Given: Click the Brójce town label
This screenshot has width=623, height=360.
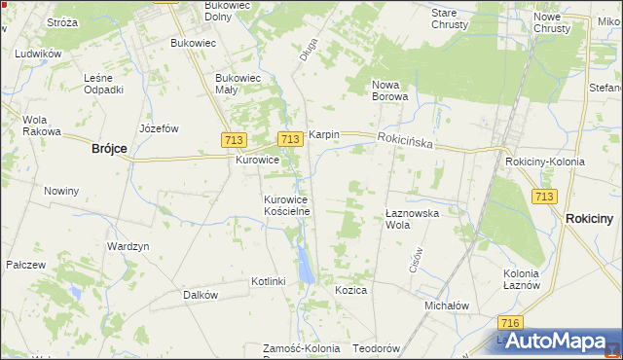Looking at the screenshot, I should point(109,148).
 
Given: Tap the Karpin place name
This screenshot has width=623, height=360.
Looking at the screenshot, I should point(323,135).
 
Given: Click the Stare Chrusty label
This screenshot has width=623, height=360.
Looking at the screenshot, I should point(450,18).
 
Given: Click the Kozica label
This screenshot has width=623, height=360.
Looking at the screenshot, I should point(350,290).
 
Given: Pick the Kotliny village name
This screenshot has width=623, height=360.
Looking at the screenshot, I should point(268,281).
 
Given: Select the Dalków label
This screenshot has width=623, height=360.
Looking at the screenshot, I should point(200,294).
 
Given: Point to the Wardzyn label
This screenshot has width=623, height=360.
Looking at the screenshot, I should point(128,246).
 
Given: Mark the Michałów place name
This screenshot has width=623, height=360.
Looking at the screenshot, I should point(447,305).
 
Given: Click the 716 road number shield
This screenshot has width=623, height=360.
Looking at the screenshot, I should point(507,322).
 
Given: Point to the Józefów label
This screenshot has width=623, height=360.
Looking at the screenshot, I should point(160,127).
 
